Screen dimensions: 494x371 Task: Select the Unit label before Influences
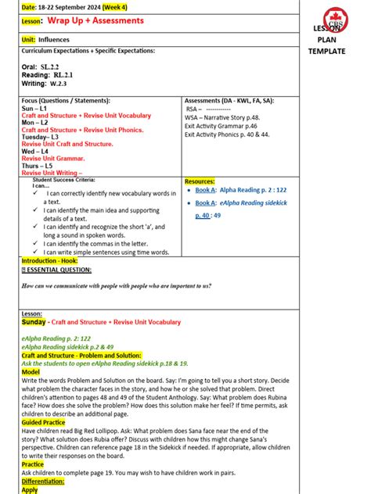[29, 38]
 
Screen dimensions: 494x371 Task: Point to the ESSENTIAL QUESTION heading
[59, 270]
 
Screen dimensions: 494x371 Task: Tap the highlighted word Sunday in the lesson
[34, 321]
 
